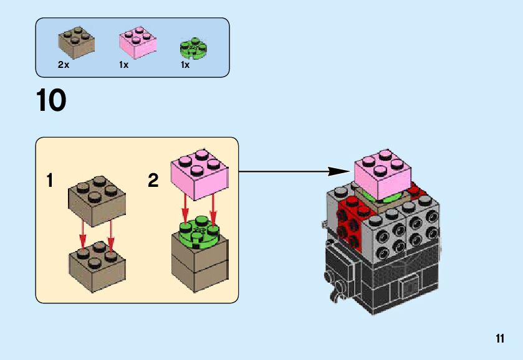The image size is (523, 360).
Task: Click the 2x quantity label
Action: pyautogui.click(x=63, y=65)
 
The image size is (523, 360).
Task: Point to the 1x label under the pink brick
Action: pyautogui.click(x=123, y=65)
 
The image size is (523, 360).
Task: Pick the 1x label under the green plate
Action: pyautogui.click(x=185, y=65)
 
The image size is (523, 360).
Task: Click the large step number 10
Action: pyautogui.click(x=51, y=101)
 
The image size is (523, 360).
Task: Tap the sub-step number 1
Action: pyautogui.click(x=49, y=181)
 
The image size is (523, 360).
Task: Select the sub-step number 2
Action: pyautogui.click(x=153, y=181)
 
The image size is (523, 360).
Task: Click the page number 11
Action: pyautogui.click(x=499, y=339)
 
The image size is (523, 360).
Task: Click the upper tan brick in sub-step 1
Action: pyautogui.click(x=95, y=201)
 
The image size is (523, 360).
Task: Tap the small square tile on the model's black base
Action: pyautogui.click(x=410, y=287)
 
